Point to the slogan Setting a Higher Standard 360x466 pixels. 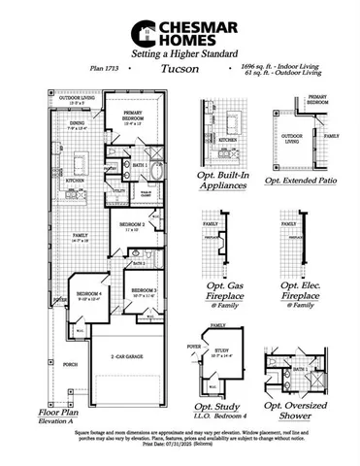pyautogui.click(x=180, y=53)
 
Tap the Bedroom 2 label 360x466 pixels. pyautogui.click(x=133, y=224)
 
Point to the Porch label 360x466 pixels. pyautogui.click(x=69, y=366)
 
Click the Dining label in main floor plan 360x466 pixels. pyautogui.click(x=79, y=124)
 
